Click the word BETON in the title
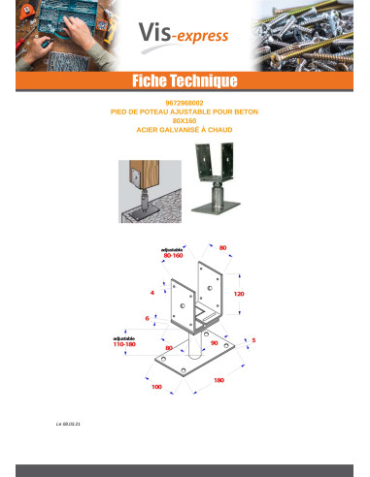[246, 111]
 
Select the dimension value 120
[238, 292]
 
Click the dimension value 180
[219, 380]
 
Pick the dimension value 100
[156, 387]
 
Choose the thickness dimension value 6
[147, 317]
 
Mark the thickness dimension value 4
[152, 290]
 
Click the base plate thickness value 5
[253, 340]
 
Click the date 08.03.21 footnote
[69, 424]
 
